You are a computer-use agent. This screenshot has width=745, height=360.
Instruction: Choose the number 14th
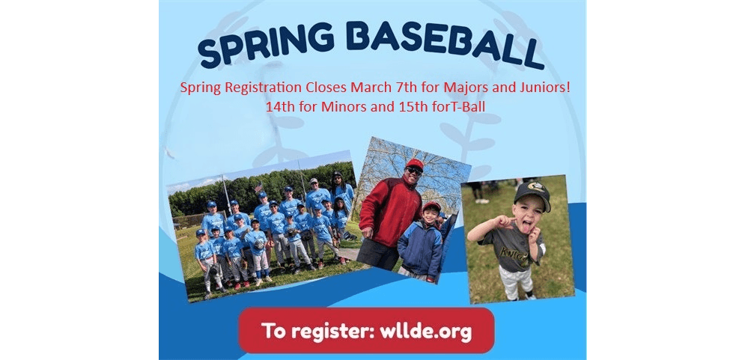pyautogui.click(x=279, y=106)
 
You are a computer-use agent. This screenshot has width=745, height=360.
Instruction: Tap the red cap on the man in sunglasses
pyautogui.click(x=414, y=164)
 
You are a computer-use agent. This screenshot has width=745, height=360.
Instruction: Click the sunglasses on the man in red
pyautogui.click(x=414, y=171)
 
